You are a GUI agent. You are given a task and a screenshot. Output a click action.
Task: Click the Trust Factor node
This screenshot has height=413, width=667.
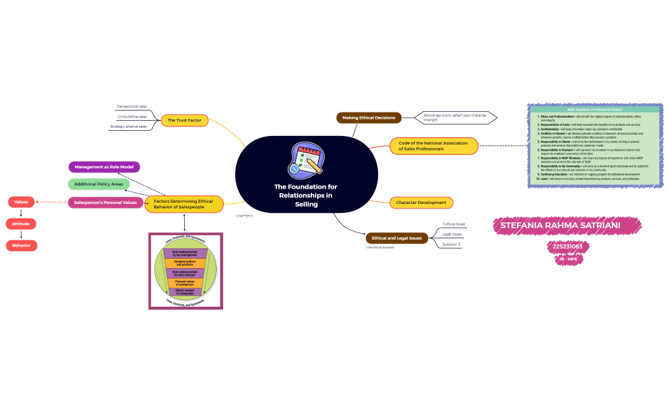coord(184,120)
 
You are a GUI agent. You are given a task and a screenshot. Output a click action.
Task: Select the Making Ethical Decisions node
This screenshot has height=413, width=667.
coord(368,118)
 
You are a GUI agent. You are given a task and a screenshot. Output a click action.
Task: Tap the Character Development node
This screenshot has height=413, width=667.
coord(421,203)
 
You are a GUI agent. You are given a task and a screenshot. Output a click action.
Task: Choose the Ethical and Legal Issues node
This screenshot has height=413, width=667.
coord(396,238)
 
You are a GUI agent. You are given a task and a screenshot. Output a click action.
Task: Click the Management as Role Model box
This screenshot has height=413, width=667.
coord(104,167)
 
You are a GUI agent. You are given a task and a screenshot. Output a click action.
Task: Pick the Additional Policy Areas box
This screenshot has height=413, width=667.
coord(98,184)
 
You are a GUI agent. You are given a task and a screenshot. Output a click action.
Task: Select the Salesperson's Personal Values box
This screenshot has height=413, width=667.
coord(105,203)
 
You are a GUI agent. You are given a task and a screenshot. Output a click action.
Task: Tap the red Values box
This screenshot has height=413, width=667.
coord(21,202)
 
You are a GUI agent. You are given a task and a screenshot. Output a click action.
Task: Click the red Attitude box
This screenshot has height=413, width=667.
coord(21,224)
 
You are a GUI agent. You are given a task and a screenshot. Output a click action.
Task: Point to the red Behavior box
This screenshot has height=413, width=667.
coord(21,245)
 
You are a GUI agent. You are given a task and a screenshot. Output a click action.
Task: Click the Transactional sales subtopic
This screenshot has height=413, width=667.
coord(131,107)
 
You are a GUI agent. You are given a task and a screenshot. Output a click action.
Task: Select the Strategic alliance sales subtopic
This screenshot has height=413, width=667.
coord(128,126)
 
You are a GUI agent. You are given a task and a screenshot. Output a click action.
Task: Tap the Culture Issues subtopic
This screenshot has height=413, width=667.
coord(454,224)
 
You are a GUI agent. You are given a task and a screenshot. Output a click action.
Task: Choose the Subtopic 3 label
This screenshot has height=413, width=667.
coord(451,245)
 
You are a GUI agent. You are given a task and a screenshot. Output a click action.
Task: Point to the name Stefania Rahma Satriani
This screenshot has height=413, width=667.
coord(567,226)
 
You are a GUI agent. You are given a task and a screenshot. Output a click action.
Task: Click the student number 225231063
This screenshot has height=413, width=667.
coord(567,247)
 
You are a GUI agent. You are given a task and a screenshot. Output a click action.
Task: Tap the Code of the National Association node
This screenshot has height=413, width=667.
coord(433,146)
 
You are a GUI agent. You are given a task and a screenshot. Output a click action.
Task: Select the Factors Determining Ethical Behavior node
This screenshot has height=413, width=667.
coord(184,204)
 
